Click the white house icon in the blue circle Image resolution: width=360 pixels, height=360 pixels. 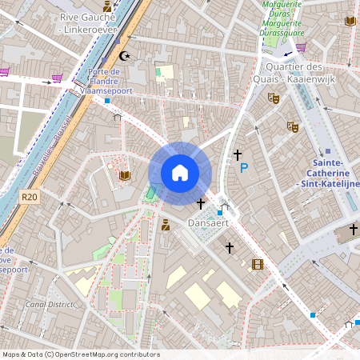[x=180, y=173]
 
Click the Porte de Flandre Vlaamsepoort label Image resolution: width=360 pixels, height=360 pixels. [x=105, y=81]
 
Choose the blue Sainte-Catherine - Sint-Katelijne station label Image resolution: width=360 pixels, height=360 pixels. [x=329, y=178]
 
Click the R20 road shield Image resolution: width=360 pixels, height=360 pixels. [x=30, y=197]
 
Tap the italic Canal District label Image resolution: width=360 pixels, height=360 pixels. [x=49, y=305]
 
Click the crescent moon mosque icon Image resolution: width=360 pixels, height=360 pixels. [x=124, y=56]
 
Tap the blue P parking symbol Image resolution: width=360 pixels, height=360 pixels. [x=244, y=168]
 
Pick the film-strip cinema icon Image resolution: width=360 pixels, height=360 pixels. [x=257, y=264]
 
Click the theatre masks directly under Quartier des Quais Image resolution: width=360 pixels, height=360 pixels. [x=274, y=98]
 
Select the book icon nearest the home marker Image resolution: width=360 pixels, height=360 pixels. [x=124, y=175]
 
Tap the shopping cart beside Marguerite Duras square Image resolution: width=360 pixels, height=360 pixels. [x=301, y=47]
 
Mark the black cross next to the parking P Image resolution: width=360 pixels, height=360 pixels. [x=237, y=153]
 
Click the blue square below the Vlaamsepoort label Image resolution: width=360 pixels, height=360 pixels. [x=106, y=100]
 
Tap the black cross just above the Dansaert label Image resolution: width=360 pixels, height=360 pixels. [x=201, y=204]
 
